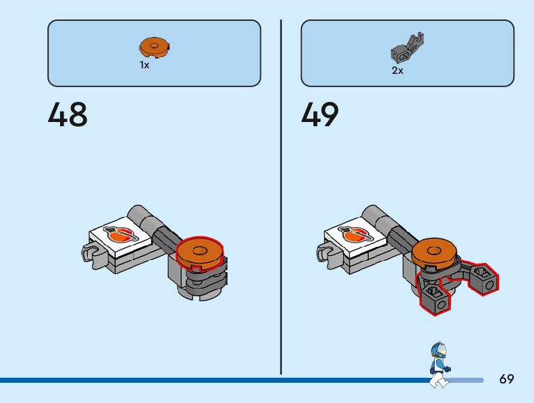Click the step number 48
(68, 115)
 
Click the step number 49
(320, 115)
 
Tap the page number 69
(507, 379)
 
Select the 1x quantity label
(144, 65)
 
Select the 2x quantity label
(397, 70)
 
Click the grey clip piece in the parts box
(407, 49)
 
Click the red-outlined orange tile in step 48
(200, 252)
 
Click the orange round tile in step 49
(434, 252)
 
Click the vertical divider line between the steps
(281, 195)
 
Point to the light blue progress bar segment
(466, 380)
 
